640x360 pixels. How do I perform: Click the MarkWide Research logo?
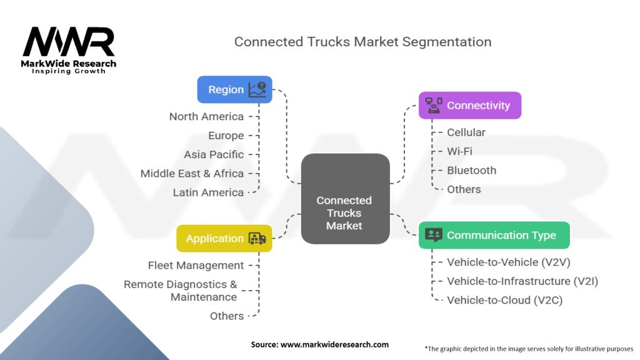click(69, 49)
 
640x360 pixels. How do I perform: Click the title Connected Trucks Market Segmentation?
click(362, 42)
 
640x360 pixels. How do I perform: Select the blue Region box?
click(234, 89)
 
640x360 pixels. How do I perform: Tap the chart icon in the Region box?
click(257, 89)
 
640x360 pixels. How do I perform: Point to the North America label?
click(206, 116)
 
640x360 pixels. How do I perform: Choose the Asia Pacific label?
click(214, 154)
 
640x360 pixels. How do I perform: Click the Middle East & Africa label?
click(192, 173)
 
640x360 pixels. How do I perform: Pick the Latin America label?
click(208, 192)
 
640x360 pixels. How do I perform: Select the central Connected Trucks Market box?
click(344, 199)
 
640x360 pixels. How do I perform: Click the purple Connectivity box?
click(469, 105)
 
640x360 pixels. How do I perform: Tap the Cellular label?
click(466, 132)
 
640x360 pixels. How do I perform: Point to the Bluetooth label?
click(471, 170)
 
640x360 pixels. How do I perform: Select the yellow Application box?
click(224, 238)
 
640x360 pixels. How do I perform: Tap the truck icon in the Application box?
click(257, 238)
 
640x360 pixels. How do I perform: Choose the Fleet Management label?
click(196, 266)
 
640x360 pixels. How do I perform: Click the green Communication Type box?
click(494, 235)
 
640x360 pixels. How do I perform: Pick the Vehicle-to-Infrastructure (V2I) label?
click(522, 281)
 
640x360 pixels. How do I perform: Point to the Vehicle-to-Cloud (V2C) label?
click(504, 300)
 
